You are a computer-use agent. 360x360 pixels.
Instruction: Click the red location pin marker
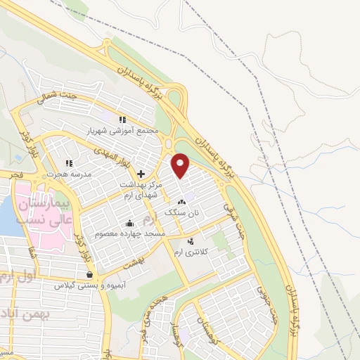(181, 165)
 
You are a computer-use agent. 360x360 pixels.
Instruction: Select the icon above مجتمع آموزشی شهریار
(123, 120)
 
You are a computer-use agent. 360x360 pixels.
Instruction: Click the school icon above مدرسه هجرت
(70, 163)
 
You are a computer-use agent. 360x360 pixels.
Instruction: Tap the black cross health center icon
(141, 174)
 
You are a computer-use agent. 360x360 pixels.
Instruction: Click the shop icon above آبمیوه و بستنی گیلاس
(89, 275)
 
